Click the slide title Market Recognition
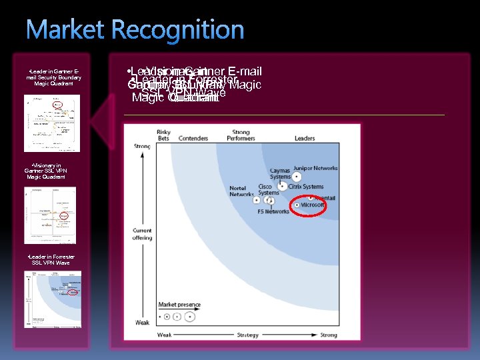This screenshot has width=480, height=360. pyautogui.click(x=135, y=31)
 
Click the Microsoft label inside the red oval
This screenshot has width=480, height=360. pyautogui.click(x=313, y=205)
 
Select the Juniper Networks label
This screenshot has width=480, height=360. pyautogui.click(x=315, y=169)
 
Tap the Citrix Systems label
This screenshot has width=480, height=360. pyautogui.click(x=306, y=187)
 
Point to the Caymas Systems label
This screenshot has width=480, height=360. pyautogui.click(x=280, y=174)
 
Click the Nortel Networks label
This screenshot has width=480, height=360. pyautogui.click(x=241, y=191)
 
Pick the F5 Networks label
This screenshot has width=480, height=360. pyautogui.click(x=273, y=211)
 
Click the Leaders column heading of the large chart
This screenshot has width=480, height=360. pyautogui.click(x=305, y=139)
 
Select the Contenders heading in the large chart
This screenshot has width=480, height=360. pyautogui.click(x=193, y=139)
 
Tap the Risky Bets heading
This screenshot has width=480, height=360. pyautogui.click(x=163, y=135)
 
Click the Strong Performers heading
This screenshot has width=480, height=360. pyautogui.click(x=241, y=135)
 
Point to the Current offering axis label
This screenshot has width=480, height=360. pyautogui.click(x=142, y=234)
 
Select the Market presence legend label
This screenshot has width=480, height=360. pyautogui.click(x=179, y=305)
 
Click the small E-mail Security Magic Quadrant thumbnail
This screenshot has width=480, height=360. pyautogui.click(x=52, y=123)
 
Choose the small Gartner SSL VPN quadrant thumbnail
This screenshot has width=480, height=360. pyautogui.click(x=51, y=215)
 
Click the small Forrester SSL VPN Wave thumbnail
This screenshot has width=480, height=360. pyautogui.click(x=53, y=299)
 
